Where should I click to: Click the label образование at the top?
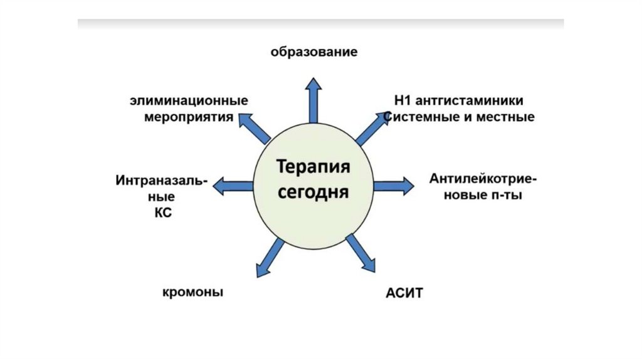point(314,52)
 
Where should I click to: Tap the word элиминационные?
point(189,100)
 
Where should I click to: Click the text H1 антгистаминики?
point(459,100)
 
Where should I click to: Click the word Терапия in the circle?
point(313,169)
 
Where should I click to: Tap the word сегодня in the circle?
point(313,191)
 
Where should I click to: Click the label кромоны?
point(193,293)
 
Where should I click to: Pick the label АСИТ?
point(404,294)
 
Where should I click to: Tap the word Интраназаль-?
point(161,181)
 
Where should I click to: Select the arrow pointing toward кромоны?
point(268,257)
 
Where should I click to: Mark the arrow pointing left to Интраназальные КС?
point(233,186)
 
